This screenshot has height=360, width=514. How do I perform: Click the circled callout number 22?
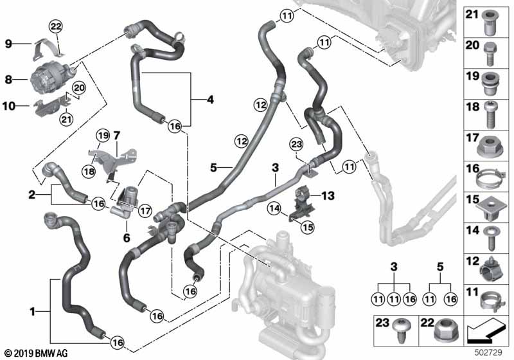click(x=55, y=26)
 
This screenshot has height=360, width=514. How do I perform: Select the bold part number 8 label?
click(x=8, y=79)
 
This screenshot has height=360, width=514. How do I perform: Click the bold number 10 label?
click(x=9, y=106)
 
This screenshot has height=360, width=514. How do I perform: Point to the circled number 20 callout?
click(x=78, y=88)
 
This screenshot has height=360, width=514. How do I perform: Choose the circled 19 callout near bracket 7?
click(x=103, y=136)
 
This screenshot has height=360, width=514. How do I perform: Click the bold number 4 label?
click(x=210, y=100)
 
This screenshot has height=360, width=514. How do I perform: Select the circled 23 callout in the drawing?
click(x=296, y=144)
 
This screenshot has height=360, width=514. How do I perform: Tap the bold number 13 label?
click(x=328, y=195)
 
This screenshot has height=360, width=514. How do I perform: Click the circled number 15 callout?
click(x=308, y=227)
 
